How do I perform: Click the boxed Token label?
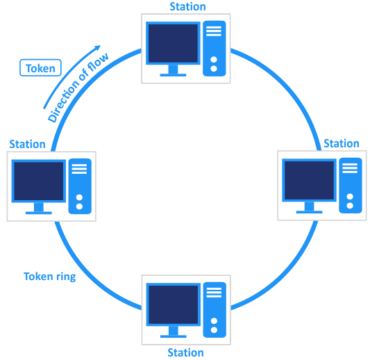pos(41,68)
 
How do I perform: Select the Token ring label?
pos(49,276)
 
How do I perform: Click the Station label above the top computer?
pos(187,7)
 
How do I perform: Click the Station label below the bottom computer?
pos(186,352)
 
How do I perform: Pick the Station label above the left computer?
pos(28,145)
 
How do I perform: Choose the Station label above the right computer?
pos(341,144)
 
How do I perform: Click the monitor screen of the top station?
pos(171,43)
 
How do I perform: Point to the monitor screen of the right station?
pos(308,180)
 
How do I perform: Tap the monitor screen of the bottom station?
pos(171,304)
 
